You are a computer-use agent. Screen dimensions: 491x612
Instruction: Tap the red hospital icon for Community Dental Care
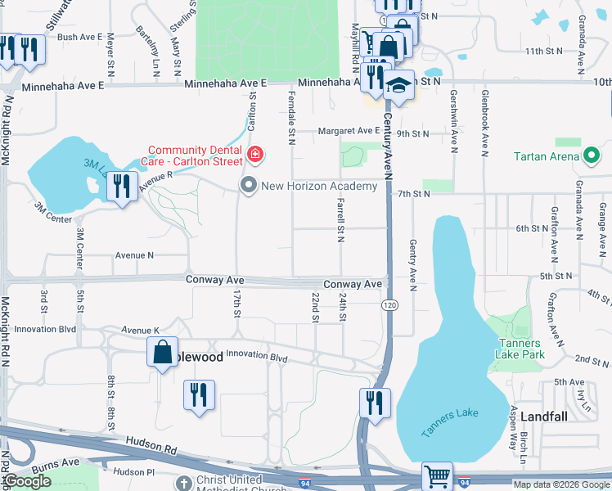[256, 153]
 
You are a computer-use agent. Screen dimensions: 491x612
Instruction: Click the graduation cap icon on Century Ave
[398, 86]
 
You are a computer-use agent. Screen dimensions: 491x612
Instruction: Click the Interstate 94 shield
[464, 484]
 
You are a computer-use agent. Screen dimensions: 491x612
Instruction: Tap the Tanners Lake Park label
[520, 348]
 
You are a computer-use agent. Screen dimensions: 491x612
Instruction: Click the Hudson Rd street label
[151, 445]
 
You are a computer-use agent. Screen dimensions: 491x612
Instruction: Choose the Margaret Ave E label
[349, 131]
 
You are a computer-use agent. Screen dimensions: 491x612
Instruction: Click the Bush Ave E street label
[79, 37]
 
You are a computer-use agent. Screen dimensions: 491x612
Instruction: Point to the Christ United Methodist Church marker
[182, 482]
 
